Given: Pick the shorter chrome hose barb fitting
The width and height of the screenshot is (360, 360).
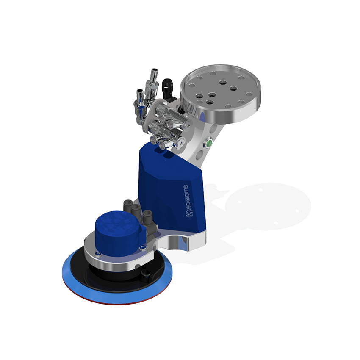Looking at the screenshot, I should click(139, 102).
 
